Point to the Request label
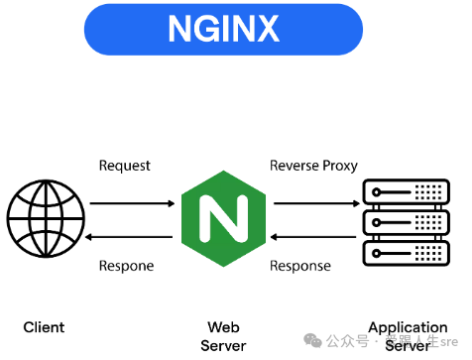click(x=124, y=166)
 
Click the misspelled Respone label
click(x=126, y=266)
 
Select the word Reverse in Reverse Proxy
click(x=295, y=166)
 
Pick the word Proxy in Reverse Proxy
click(x=339, y=166)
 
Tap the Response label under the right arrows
click(x=301, y=266)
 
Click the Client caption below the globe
click(x=44, y=327)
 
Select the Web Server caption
click(x=224, y=335)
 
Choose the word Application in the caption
click(x=408, y=327)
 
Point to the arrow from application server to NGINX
click(x=314, y=237)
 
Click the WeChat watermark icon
click(x=313, y=341)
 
